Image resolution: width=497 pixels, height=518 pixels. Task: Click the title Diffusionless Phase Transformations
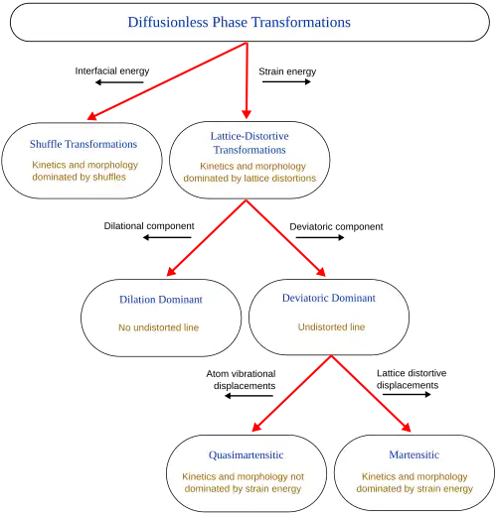[x=240, y=22]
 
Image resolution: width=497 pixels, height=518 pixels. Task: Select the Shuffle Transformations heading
[x=83, y=144]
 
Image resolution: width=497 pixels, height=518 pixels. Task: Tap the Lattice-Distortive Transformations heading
[x=249, y=143]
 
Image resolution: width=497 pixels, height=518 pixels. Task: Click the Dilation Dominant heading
[x=161, y=300]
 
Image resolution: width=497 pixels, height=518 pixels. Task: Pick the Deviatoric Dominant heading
[x=329, y=298]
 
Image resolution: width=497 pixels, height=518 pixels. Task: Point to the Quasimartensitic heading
[x=246, y=455]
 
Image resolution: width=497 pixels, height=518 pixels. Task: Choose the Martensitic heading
[x=414, y=454]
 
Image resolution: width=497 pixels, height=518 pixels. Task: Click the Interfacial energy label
[x=112, y=71]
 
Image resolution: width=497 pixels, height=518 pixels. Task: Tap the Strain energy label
[x=287, y=71]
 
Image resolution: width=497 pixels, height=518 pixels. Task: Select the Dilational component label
[x=149, y=226]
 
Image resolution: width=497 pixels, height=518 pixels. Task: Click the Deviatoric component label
[x=336, y=226]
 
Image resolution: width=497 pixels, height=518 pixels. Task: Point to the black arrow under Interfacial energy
[x=119, y=82]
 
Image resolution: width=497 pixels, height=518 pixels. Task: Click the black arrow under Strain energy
[x=286, y=81]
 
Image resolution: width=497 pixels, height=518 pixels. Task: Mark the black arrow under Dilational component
[x=167, y=237]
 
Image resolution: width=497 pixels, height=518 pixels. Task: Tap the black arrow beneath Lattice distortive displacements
[x=407, y=394]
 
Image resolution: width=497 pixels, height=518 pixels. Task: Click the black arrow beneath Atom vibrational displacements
[x=248, y=396]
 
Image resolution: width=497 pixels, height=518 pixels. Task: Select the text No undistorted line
[x=159, y=327]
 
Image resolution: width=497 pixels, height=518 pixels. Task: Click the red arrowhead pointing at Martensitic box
[x=407, y=427]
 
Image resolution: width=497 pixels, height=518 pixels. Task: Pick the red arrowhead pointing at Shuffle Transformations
[x=91, y=116]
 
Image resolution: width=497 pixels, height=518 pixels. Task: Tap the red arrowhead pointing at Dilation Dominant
[x=171, y=272]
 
